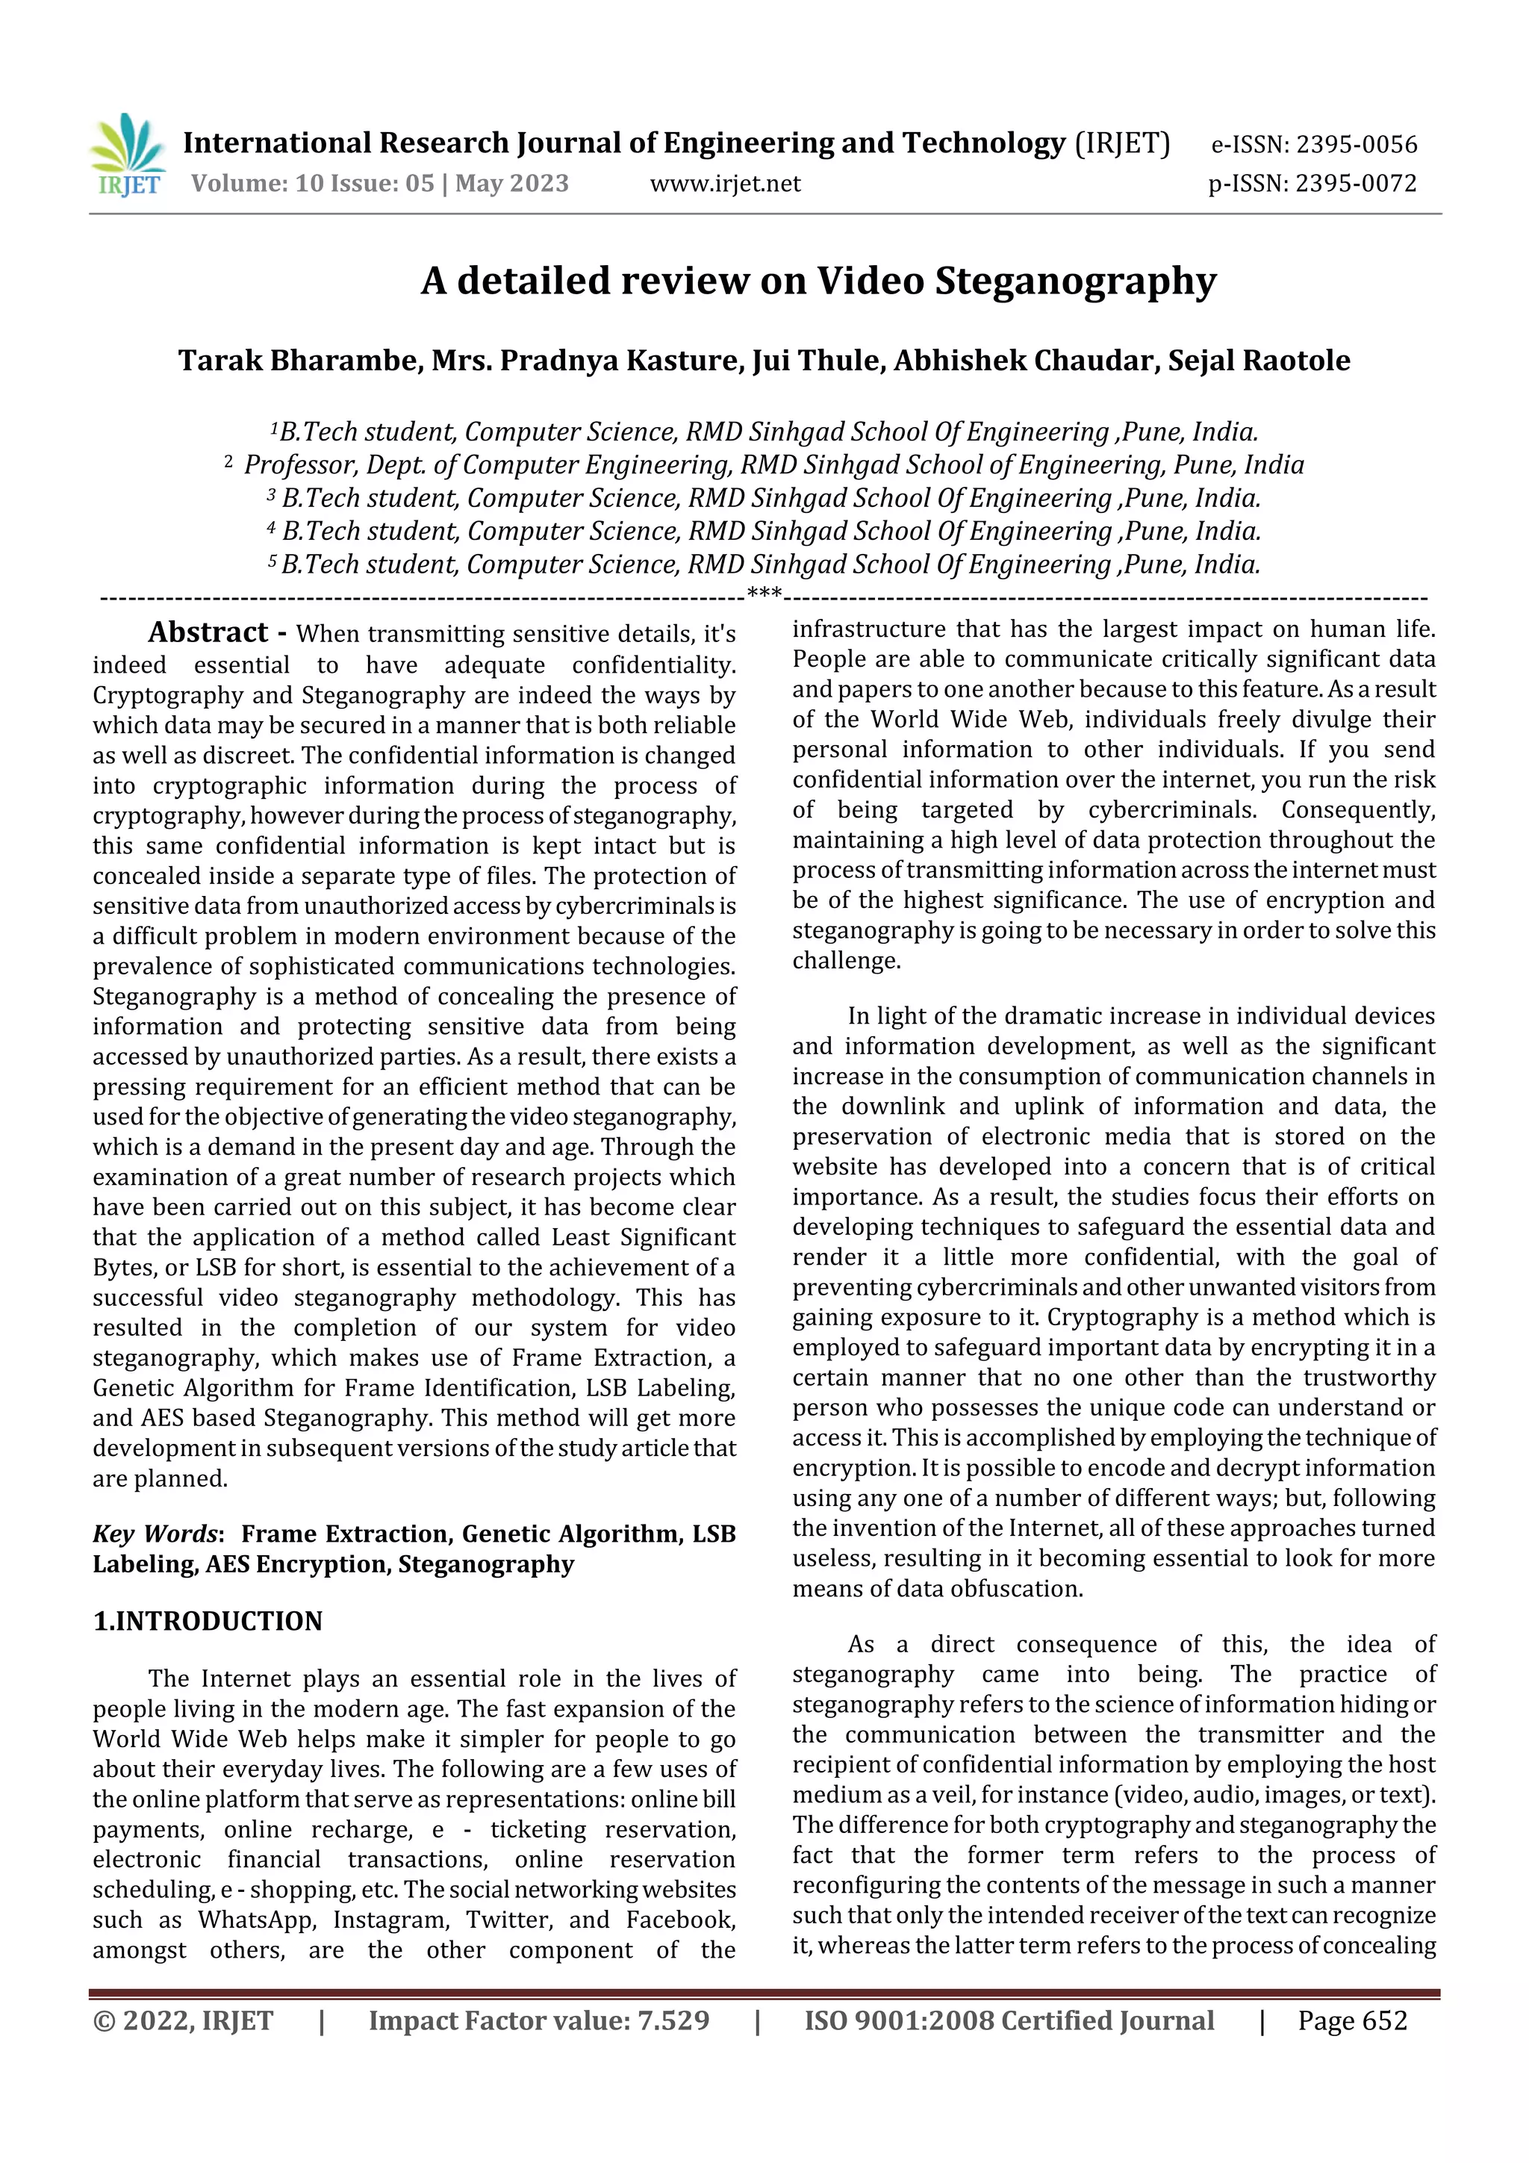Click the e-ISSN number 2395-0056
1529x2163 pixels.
click(x=1357, y=144)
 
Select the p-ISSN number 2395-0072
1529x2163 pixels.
click(x=1356, y=183)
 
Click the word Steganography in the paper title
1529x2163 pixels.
click(x=1075, y=281)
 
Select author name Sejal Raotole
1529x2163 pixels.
click(x=1259, y=361)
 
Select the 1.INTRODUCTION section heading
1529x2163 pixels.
click(x=208, y=1620)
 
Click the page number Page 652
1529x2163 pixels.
click(x=1352, y=2020)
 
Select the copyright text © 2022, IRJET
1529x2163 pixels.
click(x=183, y=2020)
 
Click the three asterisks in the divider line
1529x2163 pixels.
click(x=764, y=594)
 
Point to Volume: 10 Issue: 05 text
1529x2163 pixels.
click(x=312, y=183)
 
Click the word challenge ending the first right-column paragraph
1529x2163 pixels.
click(x=845, y=960)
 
